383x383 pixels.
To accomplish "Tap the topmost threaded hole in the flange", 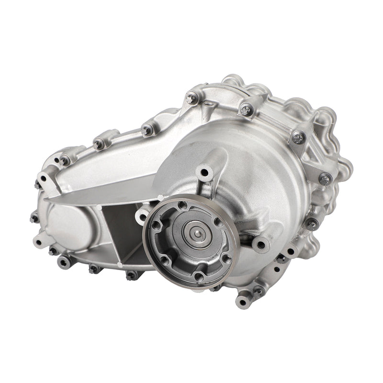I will [x=182, y=205].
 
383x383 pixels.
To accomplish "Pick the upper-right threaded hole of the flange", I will [x=218, y=222].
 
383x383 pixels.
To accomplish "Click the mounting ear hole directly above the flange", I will [x=204, y=171].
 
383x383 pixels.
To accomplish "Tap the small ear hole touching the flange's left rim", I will [x=142, y=216].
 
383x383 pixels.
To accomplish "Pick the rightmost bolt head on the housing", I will [x=325, y=179].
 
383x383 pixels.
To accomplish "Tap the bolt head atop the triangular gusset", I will [x=298, y=138].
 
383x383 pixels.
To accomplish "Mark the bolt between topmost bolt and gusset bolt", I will [x=246, y=109].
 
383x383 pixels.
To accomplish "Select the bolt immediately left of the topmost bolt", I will [x=147, y=130].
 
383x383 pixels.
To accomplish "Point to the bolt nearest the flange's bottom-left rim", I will [x=131, y=275].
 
